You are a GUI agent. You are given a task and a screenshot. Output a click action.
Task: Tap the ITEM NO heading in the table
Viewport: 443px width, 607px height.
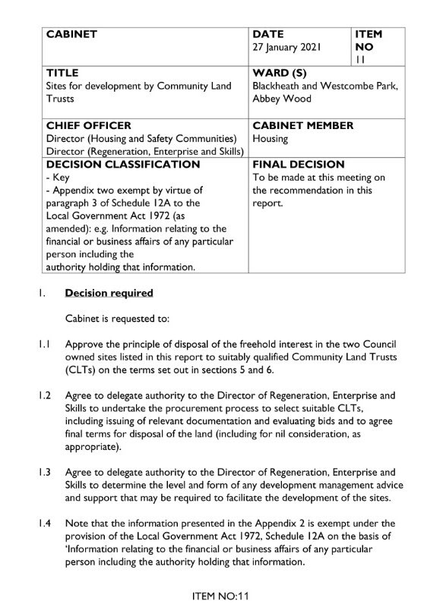369,41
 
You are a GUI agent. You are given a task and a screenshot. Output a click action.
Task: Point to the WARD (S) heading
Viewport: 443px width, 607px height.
283,74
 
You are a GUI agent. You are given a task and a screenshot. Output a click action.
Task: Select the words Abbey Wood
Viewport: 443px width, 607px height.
279,99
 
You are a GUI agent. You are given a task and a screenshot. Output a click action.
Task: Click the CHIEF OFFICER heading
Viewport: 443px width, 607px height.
89,125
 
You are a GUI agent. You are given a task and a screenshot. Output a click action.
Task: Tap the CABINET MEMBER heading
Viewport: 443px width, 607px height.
302,125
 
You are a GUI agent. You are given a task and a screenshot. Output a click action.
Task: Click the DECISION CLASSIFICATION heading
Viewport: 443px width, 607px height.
123,164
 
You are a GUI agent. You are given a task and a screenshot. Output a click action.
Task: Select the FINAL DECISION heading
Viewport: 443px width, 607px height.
298,164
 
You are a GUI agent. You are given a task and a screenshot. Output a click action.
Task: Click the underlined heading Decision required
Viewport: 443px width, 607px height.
109,293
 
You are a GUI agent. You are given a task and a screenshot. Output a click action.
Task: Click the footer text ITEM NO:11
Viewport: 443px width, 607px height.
222,596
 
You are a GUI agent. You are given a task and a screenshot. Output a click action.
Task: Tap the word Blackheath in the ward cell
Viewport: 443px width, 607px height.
277,86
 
